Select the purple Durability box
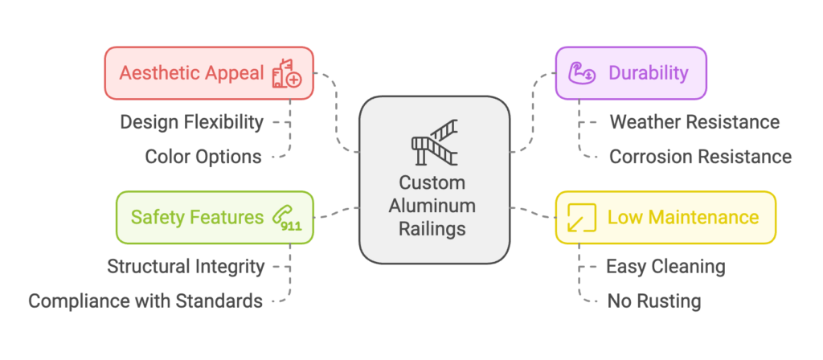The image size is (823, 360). [x=631, y=73]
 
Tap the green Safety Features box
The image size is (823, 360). [x=215, y=217]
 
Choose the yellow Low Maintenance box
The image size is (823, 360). [x=665, y=217]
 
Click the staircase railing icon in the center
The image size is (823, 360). [x=434, y=143]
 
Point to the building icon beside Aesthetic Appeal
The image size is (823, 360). [x=286, y=73]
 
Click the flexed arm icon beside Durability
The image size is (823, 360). [x=582, y=73]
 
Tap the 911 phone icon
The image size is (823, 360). [x=286, y=218]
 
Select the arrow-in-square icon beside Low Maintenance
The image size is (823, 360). [x=581, y=218]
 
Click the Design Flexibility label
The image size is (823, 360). [x=191, y=122]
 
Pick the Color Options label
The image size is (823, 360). [x=203, y=157]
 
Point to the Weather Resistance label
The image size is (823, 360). [x=694, y=122]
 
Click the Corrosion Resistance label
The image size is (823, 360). [x=700, y=157]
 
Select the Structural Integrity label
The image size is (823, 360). [x=186, y=266]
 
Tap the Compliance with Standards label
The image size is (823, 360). [x=145, y=301]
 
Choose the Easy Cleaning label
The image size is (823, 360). [x=665, y=266]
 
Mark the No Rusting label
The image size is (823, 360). [x=654, y=301]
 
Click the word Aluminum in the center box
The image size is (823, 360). [x=432, y=206]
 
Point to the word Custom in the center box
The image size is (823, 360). [x=432, y=182]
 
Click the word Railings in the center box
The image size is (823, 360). [x=432, y=229]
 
